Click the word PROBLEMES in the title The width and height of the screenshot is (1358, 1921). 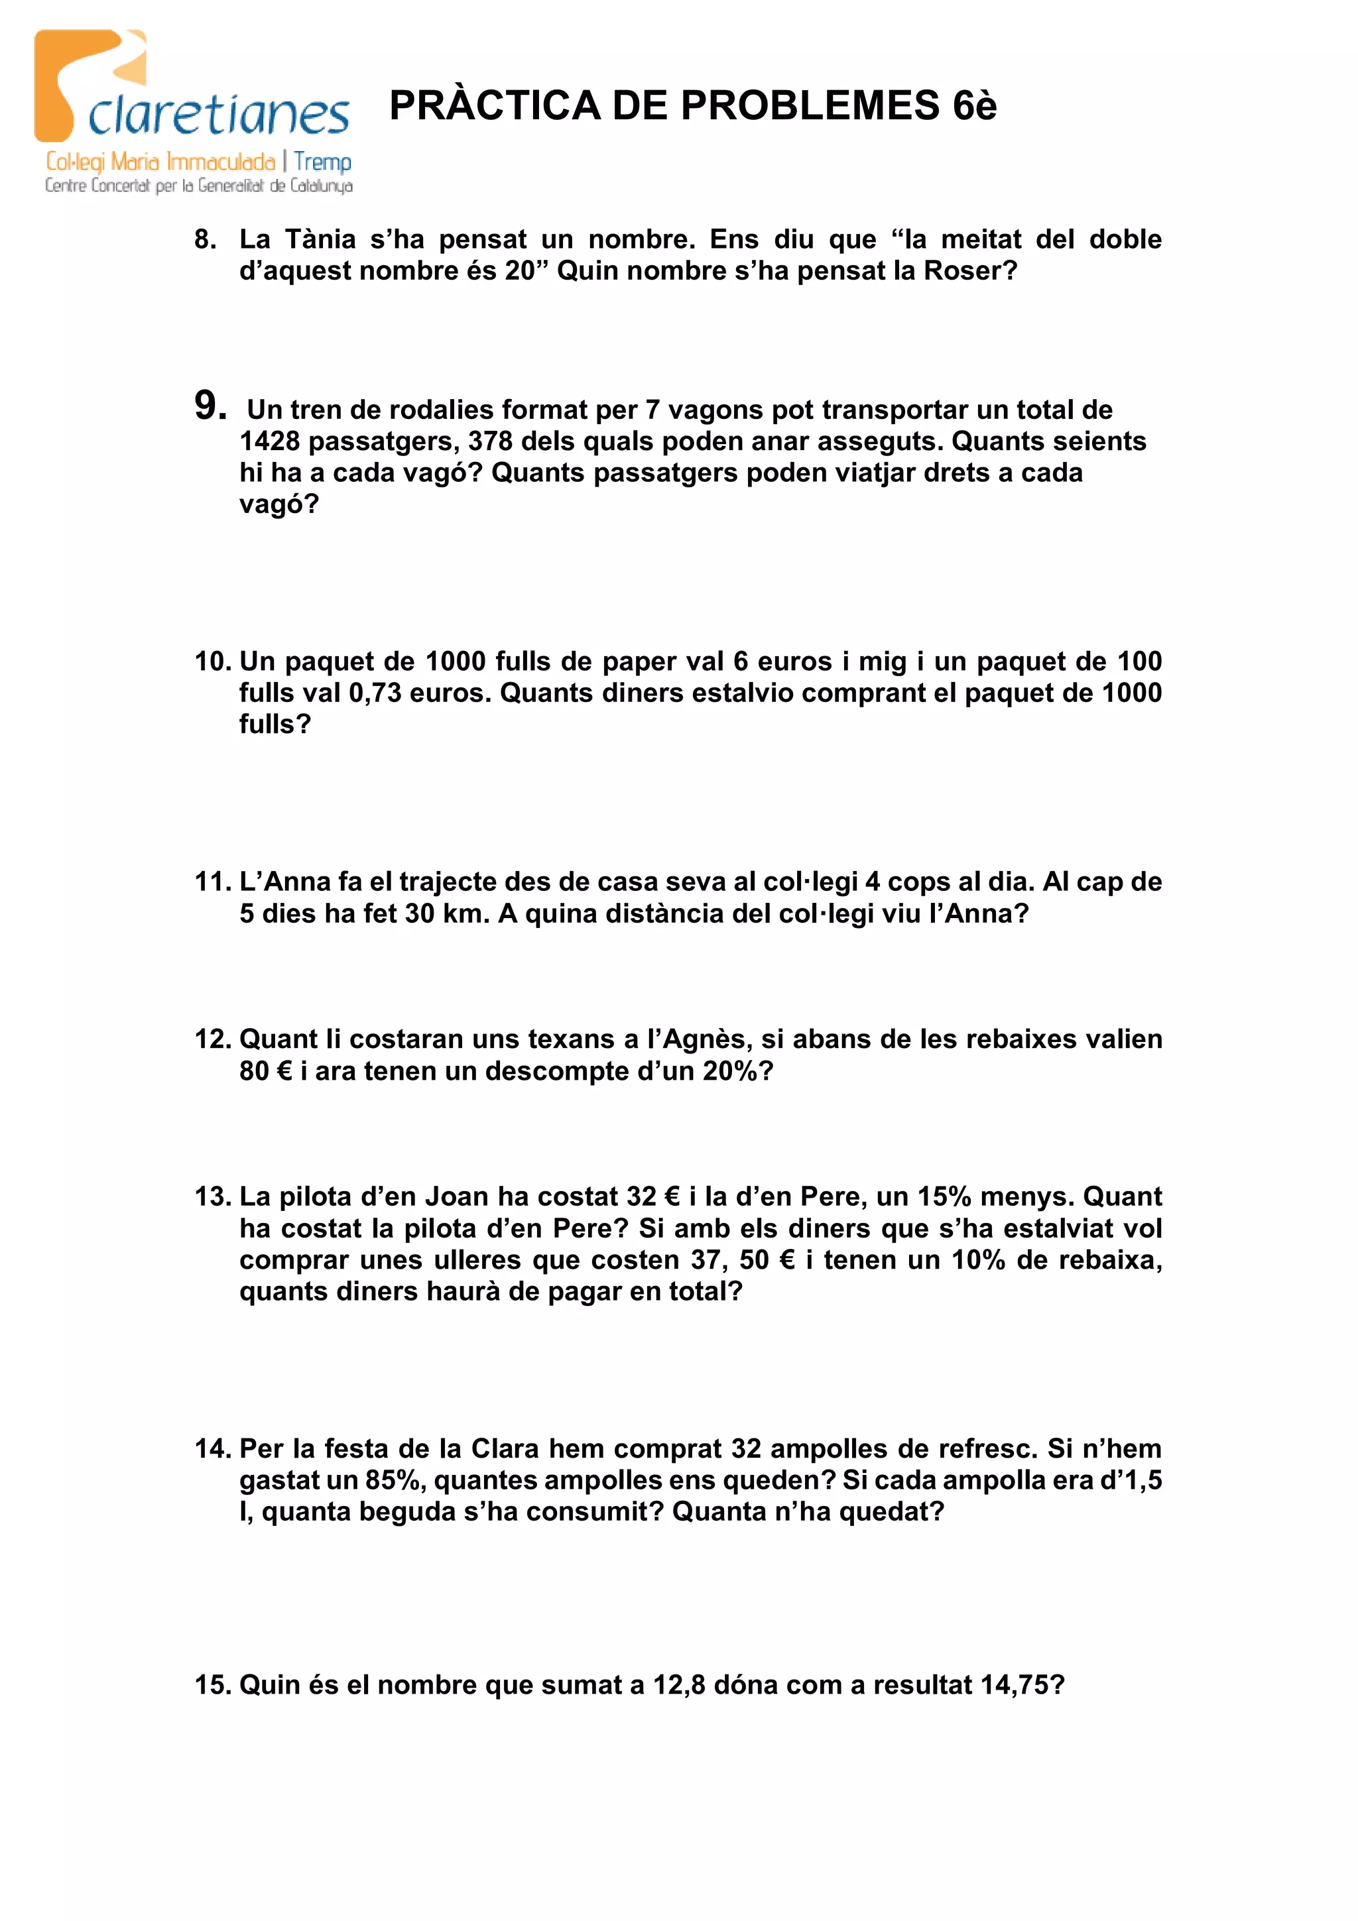[810, 106]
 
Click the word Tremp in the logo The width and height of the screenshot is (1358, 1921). [322, 162]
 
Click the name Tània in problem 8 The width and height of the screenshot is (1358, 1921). [320, 240]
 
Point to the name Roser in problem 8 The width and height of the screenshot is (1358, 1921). [962, 271]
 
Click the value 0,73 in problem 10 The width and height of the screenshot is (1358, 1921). [375, 693]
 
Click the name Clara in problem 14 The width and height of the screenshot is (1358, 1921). [505, 1448]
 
